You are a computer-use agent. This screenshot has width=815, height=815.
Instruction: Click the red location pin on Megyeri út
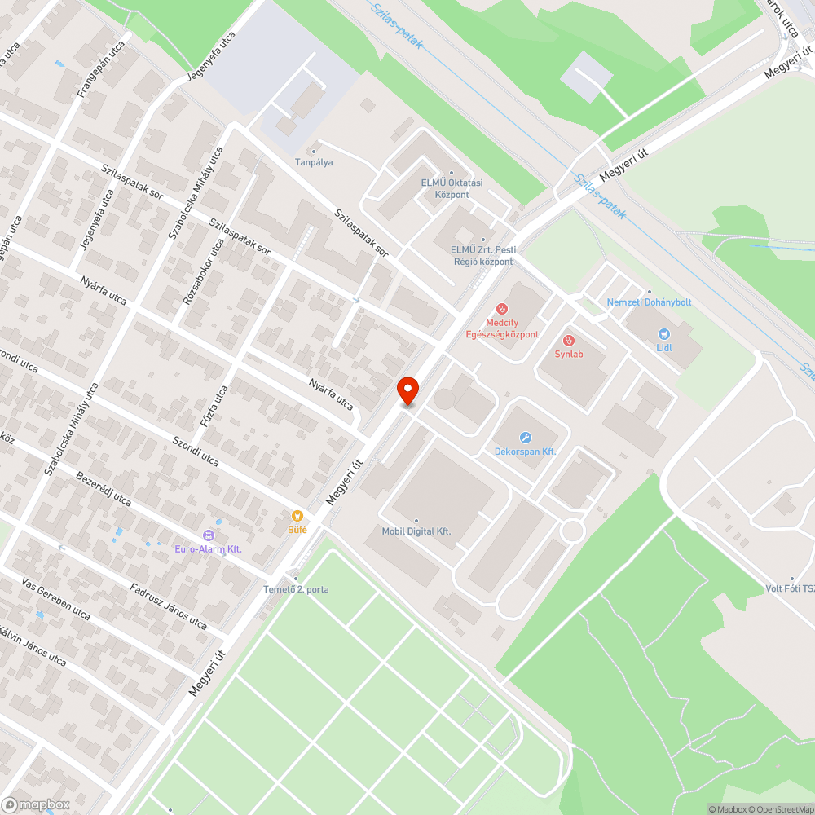tap(407, 390)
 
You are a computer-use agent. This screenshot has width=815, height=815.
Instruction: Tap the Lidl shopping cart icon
tap(664, 333)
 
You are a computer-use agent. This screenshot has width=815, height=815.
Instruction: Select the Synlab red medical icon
tap(569, 340)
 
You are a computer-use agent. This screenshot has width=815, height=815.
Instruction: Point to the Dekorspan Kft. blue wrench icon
tap(525, 438)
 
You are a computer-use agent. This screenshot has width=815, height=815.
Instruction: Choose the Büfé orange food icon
tap(297, 516)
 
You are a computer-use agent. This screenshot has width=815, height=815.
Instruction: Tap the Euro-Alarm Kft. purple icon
tap(208, 535)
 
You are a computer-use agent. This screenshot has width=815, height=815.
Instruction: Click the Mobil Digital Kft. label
tap(416, 531)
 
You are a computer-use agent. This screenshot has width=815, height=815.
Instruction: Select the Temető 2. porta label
tap(296, 589)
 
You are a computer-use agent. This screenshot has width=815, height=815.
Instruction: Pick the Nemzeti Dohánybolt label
tap(649, 302)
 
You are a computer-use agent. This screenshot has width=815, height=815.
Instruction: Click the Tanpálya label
tap(314, 162)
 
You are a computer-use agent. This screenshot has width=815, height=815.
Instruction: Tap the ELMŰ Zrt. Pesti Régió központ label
tap(483, 256)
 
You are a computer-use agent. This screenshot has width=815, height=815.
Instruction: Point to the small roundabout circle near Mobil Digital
tap(573, 531)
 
